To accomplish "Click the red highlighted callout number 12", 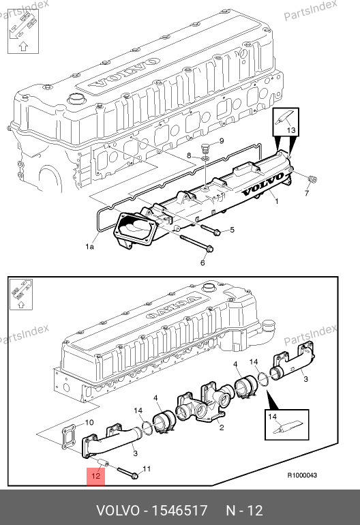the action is click(x=95, y=475).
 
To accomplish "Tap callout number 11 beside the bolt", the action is click(x=147, y=469).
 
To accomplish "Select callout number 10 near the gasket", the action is click(x=89, y=423).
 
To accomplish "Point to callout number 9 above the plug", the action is click(x=222, y=141).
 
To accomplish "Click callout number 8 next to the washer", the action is click(x=189, y=155).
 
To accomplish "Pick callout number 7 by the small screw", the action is click(x=307, y=193).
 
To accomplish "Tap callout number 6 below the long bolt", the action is click(x=202, y=262).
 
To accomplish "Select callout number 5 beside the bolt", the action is click(x=232, y=230).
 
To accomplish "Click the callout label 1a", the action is click(x=89, y=247).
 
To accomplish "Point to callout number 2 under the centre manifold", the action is click(x=222, y=427).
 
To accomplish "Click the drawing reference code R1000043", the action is click(x=302, y=475).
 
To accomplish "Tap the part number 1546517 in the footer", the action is click(x=180, y=511).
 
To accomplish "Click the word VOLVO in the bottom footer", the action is click(x=117, y=511).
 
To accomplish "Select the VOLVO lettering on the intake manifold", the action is click(x=263, y=185).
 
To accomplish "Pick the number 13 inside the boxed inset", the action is click(x=291, y=130).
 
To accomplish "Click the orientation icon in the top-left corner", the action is click(x=22, y=31).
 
